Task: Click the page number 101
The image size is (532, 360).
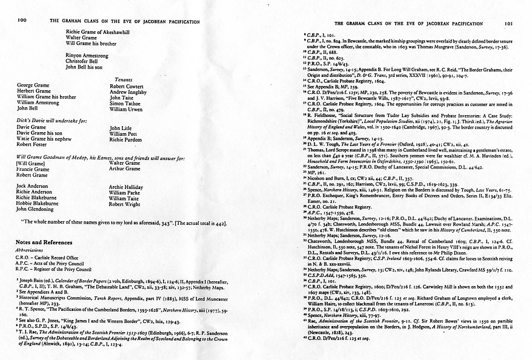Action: [510, 23]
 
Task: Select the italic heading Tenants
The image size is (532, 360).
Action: [124, 79]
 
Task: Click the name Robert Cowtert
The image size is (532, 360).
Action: [127, 86]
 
